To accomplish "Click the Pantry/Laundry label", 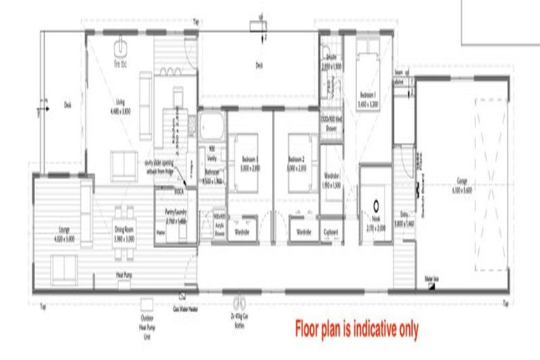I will coord(175,219).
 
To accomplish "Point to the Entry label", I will coord(407,220).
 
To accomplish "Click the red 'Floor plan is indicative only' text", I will coord(356,327).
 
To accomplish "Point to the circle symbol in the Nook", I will coord(377,206).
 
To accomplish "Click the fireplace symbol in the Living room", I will coord(120,49).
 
